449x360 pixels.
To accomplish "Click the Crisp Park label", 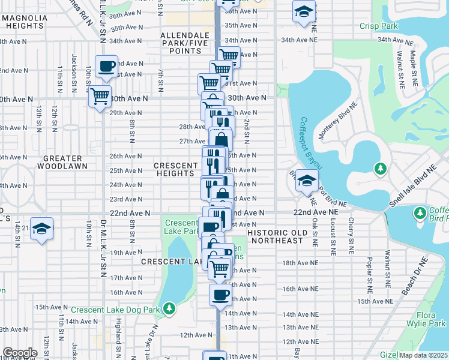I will coord(378,26).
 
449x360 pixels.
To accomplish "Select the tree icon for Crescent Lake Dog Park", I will coord(170,308).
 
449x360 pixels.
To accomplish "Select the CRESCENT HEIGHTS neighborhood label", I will coord(176,170).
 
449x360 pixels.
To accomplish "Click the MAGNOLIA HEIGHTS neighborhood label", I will coord(25,22).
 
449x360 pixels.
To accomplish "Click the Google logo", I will coord(20,353).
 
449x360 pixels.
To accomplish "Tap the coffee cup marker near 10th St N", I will coord(107,66).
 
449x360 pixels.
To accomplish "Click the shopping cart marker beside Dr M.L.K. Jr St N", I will coord(100,95).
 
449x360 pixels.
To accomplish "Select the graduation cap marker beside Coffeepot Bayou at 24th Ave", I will coord(306,179).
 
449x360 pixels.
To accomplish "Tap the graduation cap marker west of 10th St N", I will coord(41,229).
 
